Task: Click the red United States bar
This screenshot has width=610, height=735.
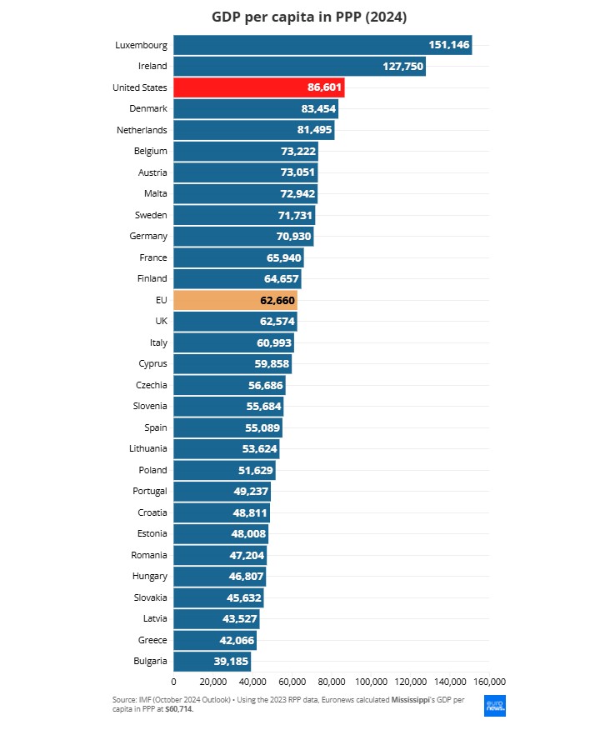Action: tap(258, 87)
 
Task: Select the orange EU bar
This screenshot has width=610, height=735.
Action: tap(235, 300)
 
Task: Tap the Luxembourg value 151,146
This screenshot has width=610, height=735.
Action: tap(449, 45)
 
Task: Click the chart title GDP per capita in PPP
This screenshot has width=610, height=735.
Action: tap(304, 17)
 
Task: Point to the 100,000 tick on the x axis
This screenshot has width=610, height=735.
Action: tap(371, 679)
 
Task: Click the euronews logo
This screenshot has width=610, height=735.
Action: tap(495, 705)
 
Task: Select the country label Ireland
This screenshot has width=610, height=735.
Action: tap(152, 66)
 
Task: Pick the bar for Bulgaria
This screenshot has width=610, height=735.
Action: tap(212, 662)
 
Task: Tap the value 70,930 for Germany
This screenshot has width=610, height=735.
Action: tap(289, 237)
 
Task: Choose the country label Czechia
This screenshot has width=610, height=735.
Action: tap(151, 385)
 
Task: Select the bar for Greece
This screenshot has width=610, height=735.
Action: tap(214, 640)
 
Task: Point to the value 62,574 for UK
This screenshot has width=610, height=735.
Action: tap(273, 322)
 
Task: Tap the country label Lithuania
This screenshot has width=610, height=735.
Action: tap(147, 448)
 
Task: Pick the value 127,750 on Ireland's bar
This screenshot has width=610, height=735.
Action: tap(402, 67)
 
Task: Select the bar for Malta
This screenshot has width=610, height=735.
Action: tap(245, 194)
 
